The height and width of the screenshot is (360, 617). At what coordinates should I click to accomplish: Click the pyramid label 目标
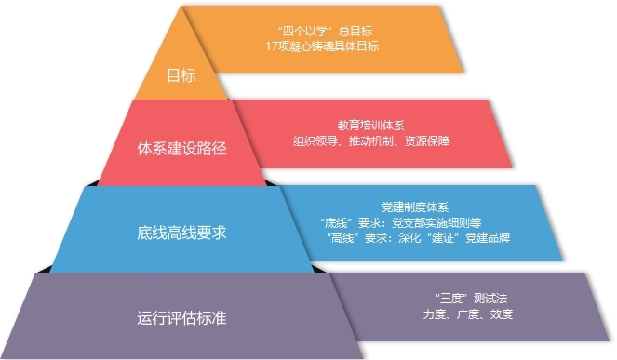click(x=181, y=76)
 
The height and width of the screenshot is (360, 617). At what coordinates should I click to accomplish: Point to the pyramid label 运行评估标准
click(x=181, y=316)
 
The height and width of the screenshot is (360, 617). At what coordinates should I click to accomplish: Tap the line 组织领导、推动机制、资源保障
click(x=372, y=141)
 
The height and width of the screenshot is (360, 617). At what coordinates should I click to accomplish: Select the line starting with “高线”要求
click(x=419, y=238)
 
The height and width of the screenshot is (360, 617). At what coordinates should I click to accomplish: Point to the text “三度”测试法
click(x=466, y=298)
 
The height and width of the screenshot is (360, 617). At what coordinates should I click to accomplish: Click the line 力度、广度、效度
click(x=466, y=313)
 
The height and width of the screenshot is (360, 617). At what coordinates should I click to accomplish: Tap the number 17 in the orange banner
click(x=272, y=46)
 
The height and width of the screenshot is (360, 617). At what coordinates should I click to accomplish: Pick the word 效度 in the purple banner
click(x=501, y=313)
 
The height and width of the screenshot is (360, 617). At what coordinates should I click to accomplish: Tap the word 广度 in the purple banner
click(x=466, y=313)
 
